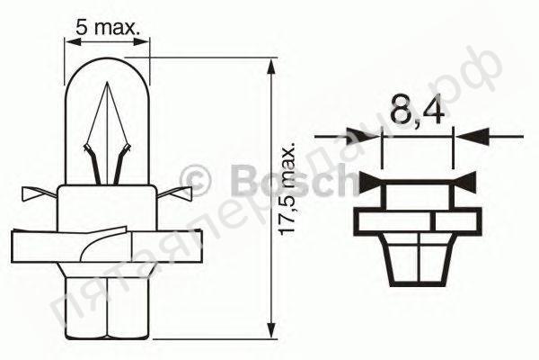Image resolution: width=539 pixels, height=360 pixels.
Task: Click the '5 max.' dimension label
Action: click(x=109, y=28)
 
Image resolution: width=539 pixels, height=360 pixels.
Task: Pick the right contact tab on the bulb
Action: click(x=179, y=193)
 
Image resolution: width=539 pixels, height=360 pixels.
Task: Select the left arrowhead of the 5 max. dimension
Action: click(x=75, y=41)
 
